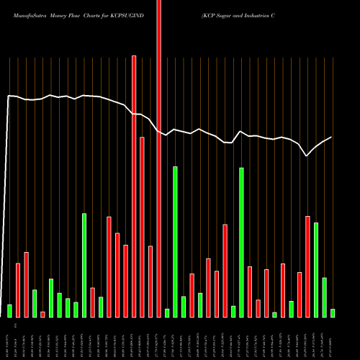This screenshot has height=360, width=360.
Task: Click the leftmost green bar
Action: coord(10,310)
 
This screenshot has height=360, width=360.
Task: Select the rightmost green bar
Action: coord(333,312)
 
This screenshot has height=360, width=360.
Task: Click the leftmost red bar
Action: coord(18,289)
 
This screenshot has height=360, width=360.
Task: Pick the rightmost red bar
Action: coord(307,266)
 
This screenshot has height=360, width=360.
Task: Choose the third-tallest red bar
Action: coord(143,227)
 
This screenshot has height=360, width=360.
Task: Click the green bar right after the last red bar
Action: coord(316,269)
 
